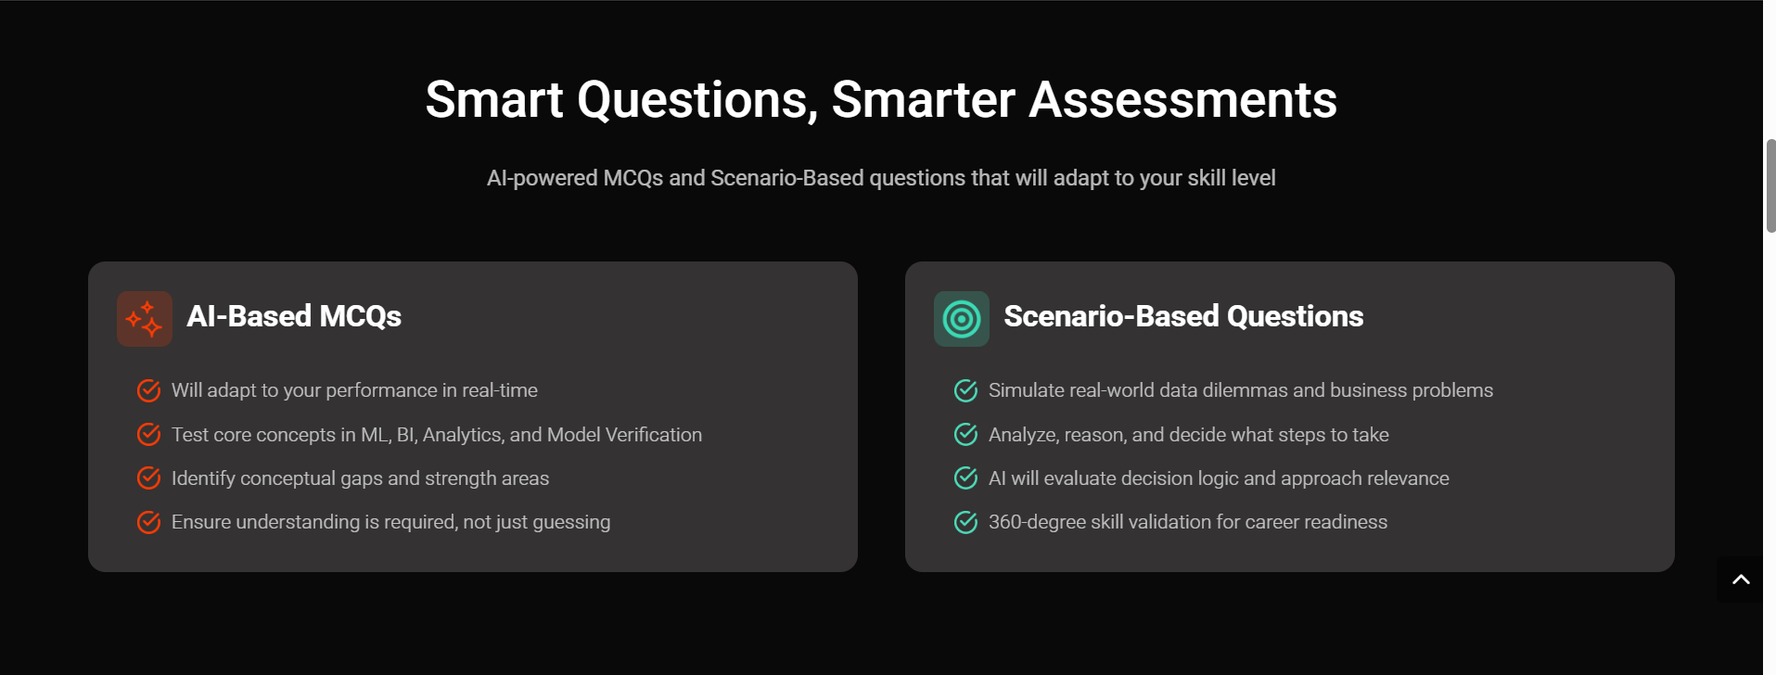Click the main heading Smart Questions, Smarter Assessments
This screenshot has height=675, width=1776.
coord(881,100)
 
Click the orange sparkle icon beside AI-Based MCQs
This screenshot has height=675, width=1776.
coord(145,319)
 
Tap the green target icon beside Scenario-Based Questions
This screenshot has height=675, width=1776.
coord(962,319)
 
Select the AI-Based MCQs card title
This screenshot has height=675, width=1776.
coord(294,316)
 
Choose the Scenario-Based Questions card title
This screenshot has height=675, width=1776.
coord(1183,316)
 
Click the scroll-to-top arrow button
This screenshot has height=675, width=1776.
coord(1741,579)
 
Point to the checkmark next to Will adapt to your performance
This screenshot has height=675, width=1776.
coord(148,390)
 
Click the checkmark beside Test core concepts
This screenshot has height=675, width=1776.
coord(148,434)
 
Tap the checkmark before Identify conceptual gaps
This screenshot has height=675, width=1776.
coord(148,478)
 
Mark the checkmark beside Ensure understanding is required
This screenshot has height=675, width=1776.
coord(148,522)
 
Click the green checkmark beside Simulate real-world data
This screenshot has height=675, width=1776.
coord(965,390)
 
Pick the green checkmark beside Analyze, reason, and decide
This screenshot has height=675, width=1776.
coord(965,434)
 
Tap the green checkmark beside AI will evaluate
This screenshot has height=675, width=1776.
coord(965,478)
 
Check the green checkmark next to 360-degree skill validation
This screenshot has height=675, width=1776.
coord(965,522)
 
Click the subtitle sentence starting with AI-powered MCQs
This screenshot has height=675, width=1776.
coord(881,178)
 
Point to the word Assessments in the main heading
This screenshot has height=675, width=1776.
coord(1182,100)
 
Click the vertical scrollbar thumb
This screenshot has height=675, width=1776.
coord(1770,185)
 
